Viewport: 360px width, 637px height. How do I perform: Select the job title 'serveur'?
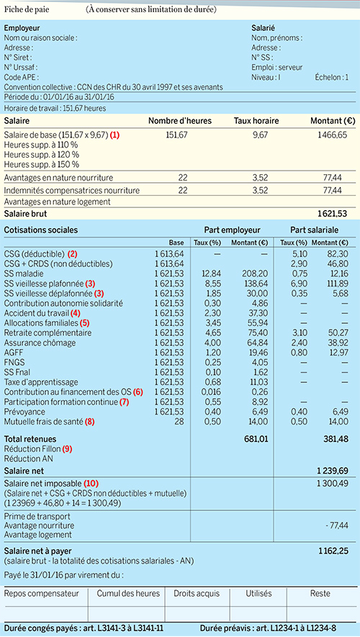(x=288, y=67)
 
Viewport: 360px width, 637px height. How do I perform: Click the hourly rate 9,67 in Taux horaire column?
(x=260, y=135)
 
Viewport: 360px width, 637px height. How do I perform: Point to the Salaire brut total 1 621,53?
(x=333, y=213)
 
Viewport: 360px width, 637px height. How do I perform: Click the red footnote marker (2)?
(x=72, y=254)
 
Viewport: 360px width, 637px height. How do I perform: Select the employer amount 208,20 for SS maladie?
(x=256, y=274)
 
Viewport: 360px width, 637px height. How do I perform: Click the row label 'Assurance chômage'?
(x=34, y=343)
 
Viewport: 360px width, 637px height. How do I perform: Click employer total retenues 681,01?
(x=257, y=439)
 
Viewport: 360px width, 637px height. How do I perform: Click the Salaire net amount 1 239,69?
(x=333, y=471)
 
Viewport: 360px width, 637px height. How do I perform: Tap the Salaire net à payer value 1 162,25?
(x=333, y=551)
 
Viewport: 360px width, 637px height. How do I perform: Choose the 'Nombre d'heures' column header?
(x=180, y=121)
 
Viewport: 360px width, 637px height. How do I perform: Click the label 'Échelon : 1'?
(x=332, y=77)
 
